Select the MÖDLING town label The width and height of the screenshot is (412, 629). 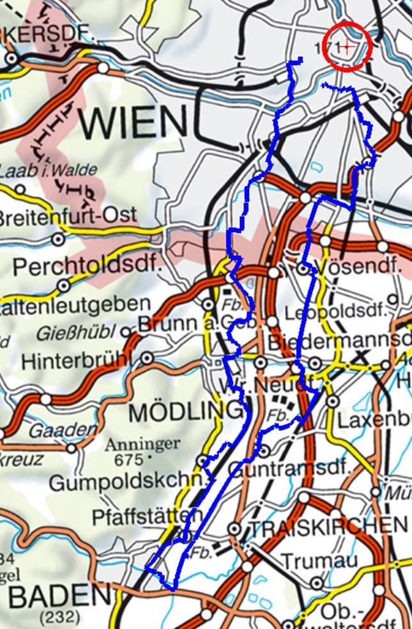click(186, 412)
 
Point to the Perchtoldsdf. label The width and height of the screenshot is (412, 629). click(88, 267)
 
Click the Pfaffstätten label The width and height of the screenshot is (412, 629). click(147, 516)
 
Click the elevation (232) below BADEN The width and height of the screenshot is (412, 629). click(59, 617)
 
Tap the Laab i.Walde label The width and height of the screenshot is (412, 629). click(48, 171)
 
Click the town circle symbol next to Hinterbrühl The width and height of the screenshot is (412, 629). click(148, 358)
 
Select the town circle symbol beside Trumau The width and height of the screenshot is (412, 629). click(317, 583)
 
